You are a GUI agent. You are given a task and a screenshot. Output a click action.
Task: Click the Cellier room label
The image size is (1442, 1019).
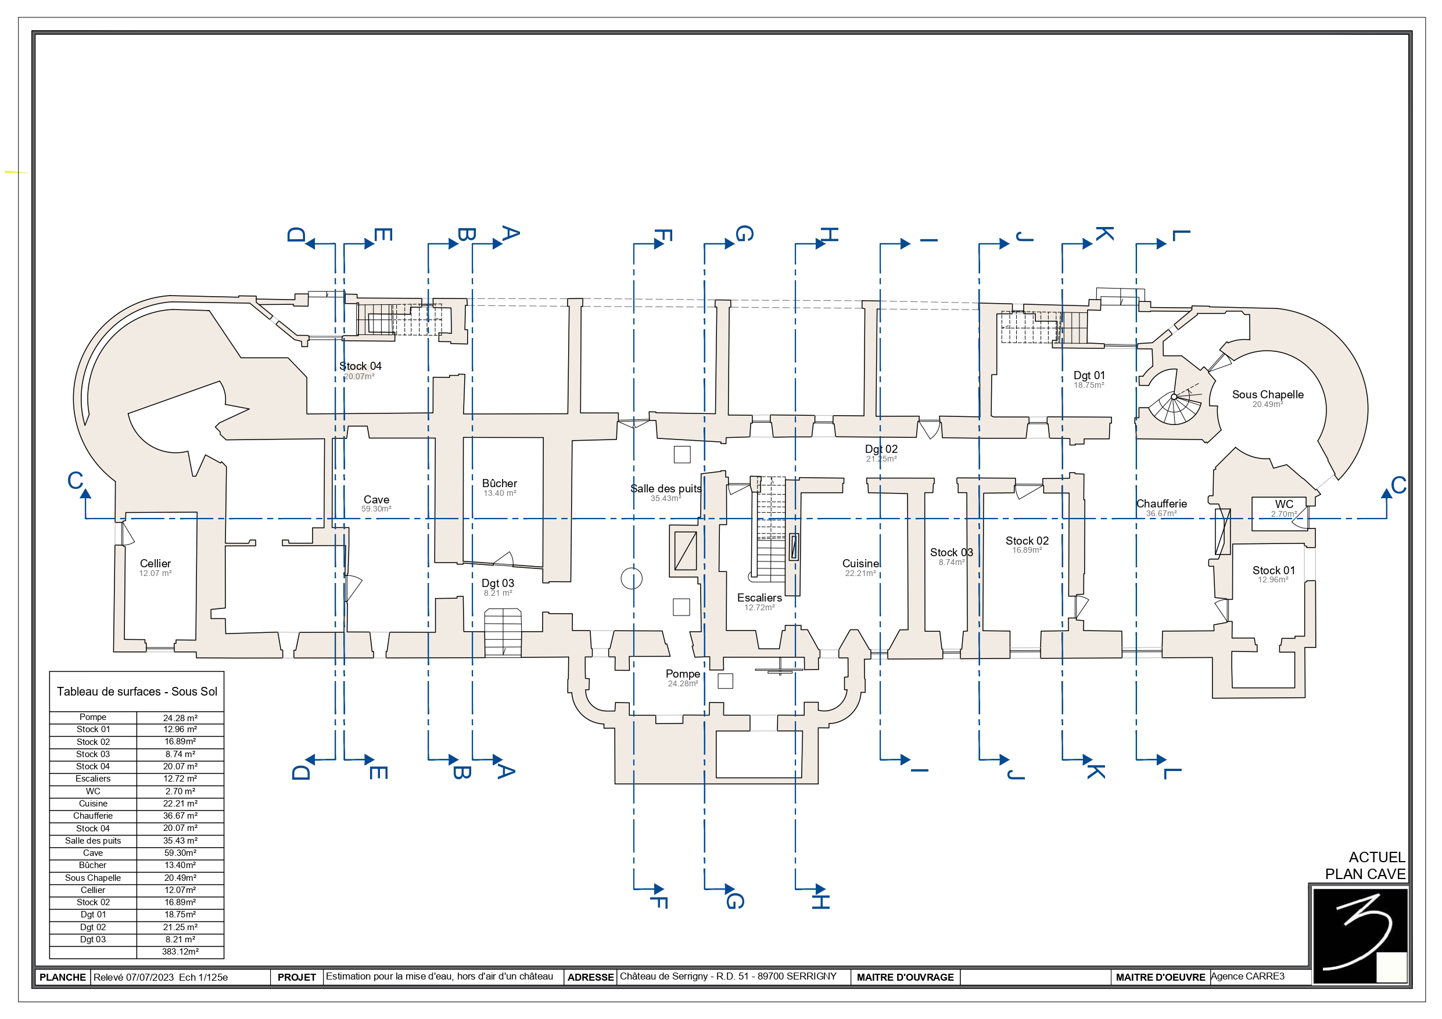click(155, 563)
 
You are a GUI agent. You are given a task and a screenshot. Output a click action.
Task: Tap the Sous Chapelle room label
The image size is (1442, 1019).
click(1267, 394)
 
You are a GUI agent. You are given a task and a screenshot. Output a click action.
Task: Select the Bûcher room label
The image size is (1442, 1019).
click(499, 483)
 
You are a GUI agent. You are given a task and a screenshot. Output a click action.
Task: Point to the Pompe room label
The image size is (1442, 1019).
click(683, 674)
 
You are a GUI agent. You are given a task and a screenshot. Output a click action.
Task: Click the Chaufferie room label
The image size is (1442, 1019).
click(1161, 503)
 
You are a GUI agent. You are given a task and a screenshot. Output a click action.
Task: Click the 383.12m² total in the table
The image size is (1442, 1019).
click(180, 952)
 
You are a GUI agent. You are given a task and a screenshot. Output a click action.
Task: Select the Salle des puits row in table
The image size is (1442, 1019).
click(137, 841)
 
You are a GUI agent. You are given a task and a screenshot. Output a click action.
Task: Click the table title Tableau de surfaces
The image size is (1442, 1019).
click(137, 692)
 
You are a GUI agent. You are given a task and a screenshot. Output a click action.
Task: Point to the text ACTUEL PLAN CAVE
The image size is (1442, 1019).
click(1365, 865)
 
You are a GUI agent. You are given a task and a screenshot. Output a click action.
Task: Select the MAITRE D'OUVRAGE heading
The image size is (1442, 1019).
click(905, 977)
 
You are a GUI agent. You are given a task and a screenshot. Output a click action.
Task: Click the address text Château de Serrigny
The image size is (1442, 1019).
click(728, 976)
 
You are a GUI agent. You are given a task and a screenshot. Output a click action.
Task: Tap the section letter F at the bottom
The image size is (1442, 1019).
click(658, 902)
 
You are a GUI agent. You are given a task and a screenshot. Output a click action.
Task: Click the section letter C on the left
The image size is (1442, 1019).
click(76, 480)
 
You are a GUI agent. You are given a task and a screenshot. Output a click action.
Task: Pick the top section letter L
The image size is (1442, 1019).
click(1181, 235)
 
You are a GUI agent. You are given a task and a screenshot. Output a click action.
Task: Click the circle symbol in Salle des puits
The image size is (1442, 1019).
click(631, 578)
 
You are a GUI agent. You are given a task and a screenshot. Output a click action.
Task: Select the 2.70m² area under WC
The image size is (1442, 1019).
click(1284, 514)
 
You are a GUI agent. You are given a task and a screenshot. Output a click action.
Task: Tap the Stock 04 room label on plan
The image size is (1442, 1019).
click(360, 366)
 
